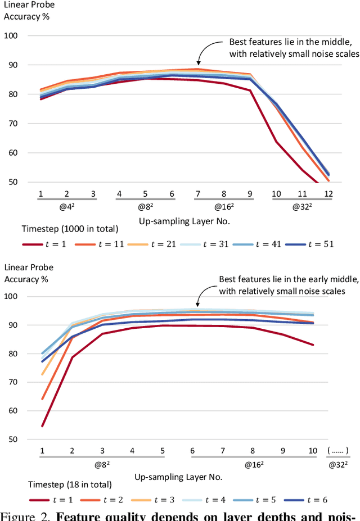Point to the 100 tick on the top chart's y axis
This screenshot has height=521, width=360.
11,35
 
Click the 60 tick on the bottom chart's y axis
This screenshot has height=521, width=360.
11,411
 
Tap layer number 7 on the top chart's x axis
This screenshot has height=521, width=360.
197,194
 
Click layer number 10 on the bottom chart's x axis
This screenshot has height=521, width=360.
312,450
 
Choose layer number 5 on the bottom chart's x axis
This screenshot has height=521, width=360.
162,450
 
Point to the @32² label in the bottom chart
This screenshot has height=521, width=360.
337,465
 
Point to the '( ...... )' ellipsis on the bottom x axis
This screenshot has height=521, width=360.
337,450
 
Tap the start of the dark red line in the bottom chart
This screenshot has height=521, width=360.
42,425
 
